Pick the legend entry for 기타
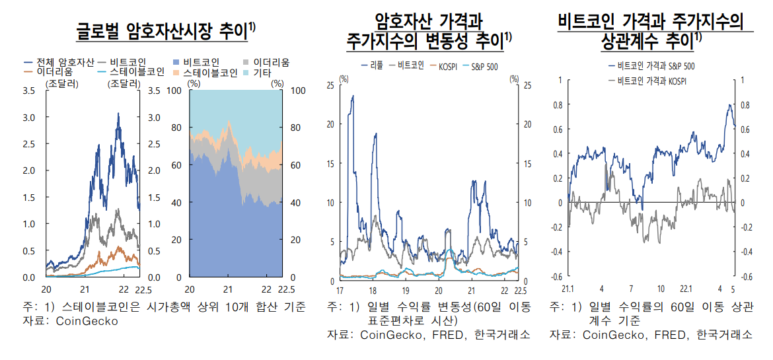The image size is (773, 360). pos(272,72)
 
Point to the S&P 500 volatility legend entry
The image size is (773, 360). pos(485,66)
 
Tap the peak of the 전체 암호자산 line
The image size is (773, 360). pos(118,114)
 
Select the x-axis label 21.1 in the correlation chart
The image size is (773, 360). pos(568,289)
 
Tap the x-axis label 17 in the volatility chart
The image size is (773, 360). pos(340,291)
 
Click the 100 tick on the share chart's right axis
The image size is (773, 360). pos(295,90)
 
